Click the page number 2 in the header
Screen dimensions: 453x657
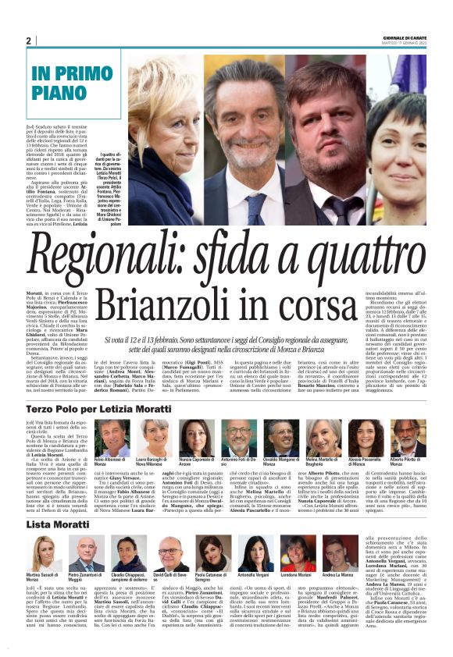pyautogui.click(x=28, y=41)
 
